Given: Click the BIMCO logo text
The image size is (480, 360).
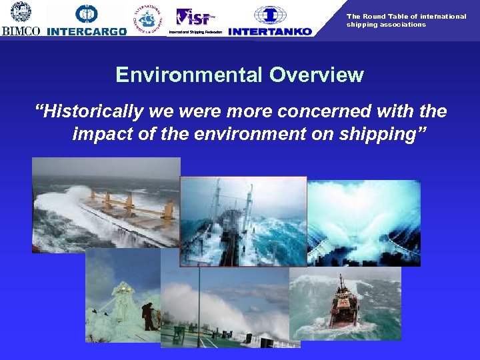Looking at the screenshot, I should [x=21, y=31].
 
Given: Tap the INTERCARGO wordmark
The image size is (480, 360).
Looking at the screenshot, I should [x=87, y=31].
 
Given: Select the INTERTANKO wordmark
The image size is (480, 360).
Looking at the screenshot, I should [x=269, y=31].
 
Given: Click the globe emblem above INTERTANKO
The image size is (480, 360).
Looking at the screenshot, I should [x=269, y=15].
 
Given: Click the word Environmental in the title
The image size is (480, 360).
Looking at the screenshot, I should [x=189, y=75].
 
